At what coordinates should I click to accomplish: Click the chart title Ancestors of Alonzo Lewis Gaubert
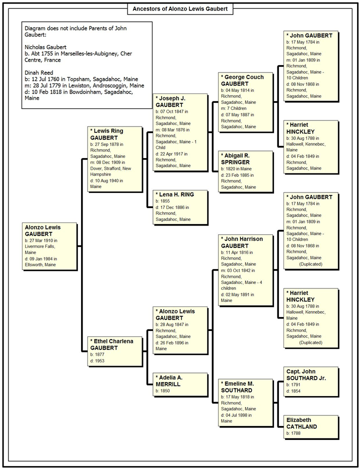pyautogui.click(x=180, y=8)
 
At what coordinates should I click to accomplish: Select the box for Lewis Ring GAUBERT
pyautogui.click(x=115, y=159)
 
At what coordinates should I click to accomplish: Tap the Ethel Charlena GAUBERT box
pyautogui.click(x=115, y=351)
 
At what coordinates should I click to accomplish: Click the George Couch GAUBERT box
pyautogui.click(x=246, y=102)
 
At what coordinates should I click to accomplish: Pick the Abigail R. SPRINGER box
pyautogui.click(x=246, y=171)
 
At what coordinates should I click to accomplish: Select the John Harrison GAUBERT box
pyautogui.click(x=246, y=270)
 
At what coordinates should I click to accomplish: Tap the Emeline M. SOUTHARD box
pyautogui.click(x=246, y=402)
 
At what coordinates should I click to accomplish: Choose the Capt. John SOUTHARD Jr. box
pyautogui.click(x=311, y=381)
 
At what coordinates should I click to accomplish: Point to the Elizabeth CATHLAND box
pyautogui.click(x=311, y=427)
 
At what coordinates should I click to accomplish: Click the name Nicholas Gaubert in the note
pyautogui.click(x=45, y=47)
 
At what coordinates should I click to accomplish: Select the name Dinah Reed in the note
pyautogui.click(x=39, y=72)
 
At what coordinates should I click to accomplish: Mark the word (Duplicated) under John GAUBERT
pyautogui.click(x=310, y=264)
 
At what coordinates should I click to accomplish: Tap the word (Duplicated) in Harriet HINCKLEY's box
pyautogui.click(x=310, y=342)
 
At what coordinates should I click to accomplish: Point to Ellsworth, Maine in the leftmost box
pyautogui.click(x=40, y=264)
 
